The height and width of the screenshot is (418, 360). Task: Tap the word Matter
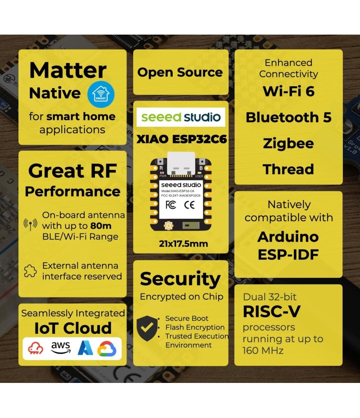pos(68,70)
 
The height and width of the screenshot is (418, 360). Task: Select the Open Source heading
pos(180,72)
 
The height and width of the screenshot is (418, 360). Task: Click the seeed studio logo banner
pos(181,118)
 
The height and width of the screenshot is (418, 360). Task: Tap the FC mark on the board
pos(171,205)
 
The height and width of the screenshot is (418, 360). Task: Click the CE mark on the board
pos(189,205)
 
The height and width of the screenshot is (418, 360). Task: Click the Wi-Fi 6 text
pos(288,92)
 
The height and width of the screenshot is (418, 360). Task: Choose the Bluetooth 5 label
pos(288,118)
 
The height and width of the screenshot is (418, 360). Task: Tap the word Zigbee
pos(288,144)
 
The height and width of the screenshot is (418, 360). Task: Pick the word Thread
pos(288,169)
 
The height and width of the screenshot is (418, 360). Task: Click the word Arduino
pos(288,237)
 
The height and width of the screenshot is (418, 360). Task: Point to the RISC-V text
pos(271,311)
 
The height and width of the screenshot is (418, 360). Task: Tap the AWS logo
pos(60,347)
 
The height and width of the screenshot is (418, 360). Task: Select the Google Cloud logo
pos(107,348)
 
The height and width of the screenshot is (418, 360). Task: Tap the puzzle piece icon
pos(30,271)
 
